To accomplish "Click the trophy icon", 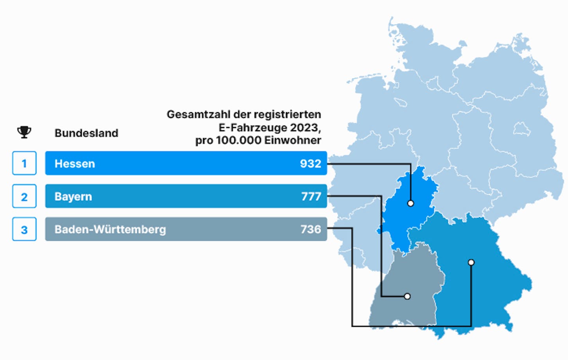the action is coord(24,132).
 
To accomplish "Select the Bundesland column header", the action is coord(86,133).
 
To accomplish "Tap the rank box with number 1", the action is coord(24,163).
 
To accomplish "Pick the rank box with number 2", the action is coord(24,196).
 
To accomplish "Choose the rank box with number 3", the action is coord(24,229).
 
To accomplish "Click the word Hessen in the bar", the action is coord(75,164).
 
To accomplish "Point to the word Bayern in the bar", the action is coord(73,197).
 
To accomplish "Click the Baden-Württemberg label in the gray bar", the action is coord(110,229).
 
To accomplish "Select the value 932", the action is coord(311,164).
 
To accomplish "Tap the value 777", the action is coord(311,196).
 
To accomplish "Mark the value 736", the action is coord(311,229).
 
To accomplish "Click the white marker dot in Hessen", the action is coord(411,203).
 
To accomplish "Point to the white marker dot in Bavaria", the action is coord(471,262).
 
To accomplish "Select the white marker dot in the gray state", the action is coord(407,296).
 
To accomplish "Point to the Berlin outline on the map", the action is coord(522,129).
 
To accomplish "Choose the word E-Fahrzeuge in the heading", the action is coord(253,128).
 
